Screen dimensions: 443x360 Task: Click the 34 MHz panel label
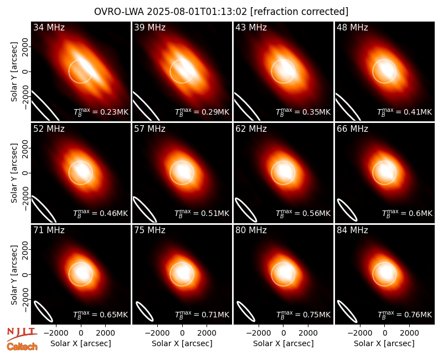tap(49, 27)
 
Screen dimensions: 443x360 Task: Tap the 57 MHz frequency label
tap(150, 129)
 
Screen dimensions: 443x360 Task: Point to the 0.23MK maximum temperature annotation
tap(101, 112)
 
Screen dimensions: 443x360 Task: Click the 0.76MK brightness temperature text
tap(405, 314)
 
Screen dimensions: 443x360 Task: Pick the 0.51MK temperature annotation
tap(202, 213)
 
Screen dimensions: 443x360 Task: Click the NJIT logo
tap(22, 334)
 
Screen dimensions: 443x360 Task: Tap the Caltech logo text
tap(22, 347)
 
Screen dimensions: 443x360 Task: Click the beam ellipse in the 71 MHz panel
tap(43, 311)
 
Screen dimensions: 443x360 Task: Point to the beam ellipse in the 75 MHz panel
tap(145, 312)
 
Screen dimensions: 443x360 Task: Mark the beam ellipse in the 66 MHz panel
tap(347, 210)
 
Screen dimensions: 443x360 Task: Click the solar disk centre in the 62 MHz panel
tap(283, 173)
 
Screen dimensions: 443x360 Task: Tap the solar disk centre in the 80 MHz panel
tap(283, 274)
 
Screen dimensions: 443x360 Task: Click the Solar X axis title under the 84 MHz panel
tap(384, 343)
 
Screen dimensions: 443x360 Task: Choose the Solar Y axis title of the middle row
tap(14, 173)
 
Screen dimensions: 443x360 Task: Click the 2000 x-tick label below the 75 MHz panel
tap(207, 333)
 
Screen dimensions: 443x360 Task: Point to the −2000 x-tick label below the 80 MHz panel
tap(259, 333)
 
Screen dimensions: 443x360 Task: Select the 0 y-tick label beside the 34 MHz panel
tap(25, 71)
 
